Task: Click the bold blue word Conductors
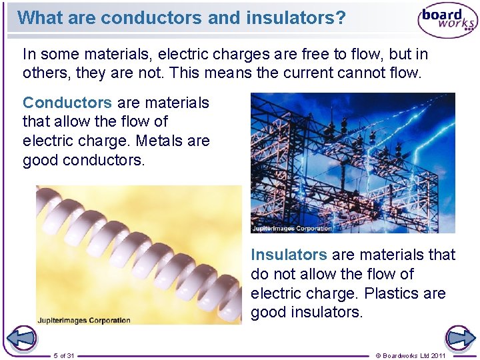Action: (67, 103)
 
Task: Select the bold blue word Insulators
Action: (289, 255)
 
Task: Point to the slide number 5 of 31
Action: (64, 355)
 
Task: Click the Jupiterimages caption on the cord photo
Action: (83, 320)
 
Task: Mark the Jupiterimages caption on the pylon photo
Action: (292, 228)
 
